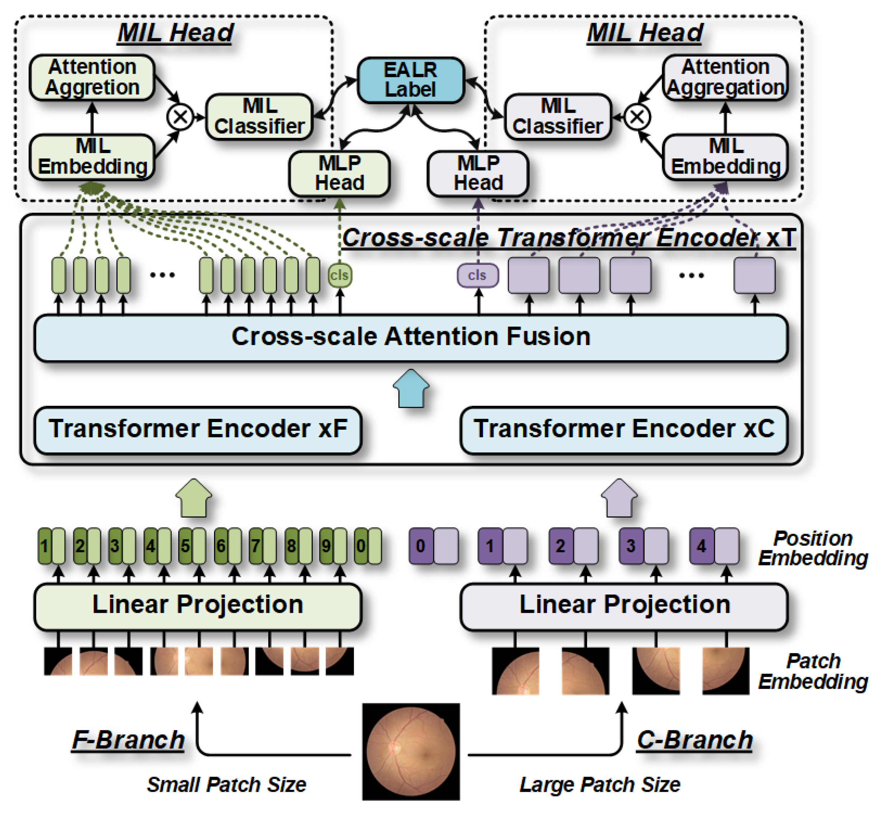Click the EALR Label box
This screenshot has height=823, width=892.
[410, 80]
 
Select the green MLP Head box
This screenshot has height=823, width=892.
[339, 174]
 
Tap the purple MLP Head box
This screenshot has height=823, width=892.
[478, 174]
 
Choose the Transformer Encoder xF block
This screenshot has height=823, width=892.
[198, 430]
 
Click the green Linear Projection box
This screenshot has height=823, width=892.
[198, 606]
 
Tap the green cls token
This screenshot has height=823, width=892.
[340, 275]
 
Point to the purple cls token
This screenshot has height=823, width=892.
[477, 275]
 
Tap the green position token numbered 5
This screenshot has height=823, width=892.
[185, 546]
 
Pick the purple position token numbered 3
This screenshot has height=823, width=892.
[630, 546]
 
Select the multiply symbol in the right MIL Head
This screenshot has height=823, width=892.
[637, 117]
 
